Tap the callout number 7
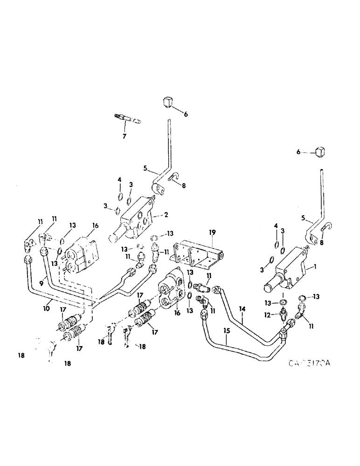tap(124, 136)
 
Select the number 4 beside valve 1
tap(276, 226)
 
